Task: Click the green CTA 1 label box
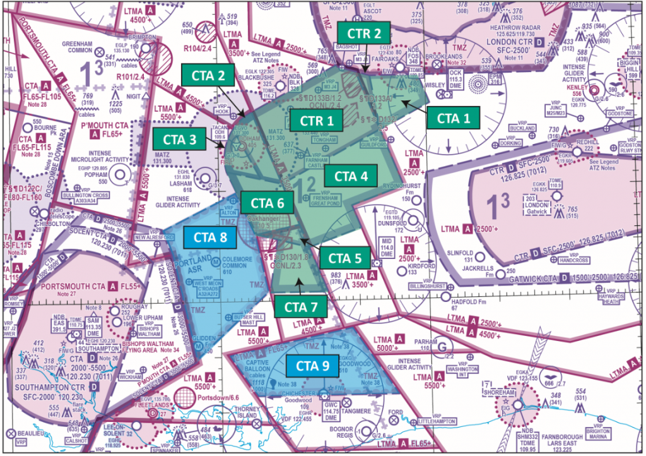[x=452, y=118]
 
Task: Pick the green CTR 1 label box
[x=317, y=119]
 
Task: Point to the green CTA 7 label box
[x=301, y=307]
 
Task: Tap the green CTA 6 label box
[x=267, y=203]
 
